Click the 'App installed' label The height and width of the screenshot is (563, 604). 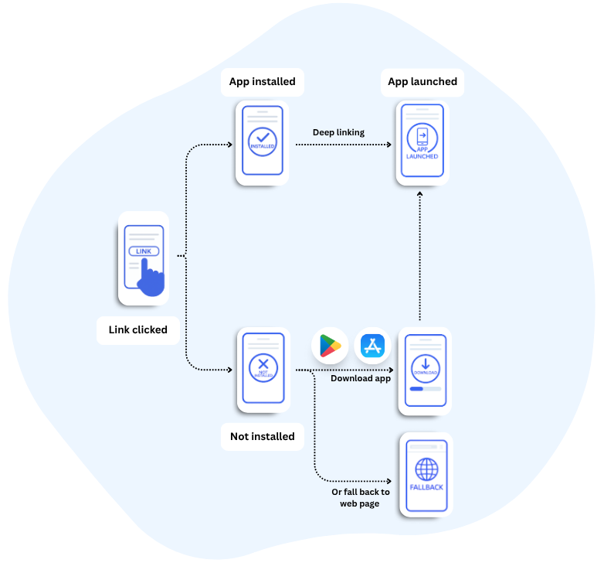[262, 82]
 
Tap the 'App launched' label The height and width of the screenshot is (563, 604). [422, 82]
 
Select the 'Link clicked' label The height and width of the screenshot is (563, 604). [137, 329]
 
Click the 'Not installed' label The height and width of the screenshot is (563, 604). [262, 436]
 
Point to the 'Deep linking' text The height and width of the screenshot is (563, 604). [338, 132]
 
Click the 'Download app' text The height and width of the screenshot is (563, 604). [361, 378]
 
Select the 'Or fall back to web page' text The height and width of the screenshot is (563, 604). [360, 498]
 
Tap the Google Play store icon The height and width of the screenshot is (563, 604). [330, 346]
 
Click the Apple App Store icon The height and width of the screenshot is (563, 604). [373, 346]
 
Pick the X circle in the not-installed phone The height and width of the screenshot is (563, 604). [263, 367]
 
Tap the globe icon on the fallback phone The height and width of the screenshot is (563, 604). [426, 469]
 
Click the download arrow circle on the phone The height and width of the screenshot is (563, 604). [426, 367]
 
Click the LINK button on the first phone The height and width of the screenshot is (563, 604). [144, 251]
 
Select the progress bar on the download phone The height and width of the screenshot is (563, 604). [426, 389]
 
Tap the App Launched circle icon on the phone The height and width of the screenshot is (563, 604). [422, 142]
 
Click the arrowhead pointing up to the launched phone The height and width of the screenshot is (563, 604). [419, 196]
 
